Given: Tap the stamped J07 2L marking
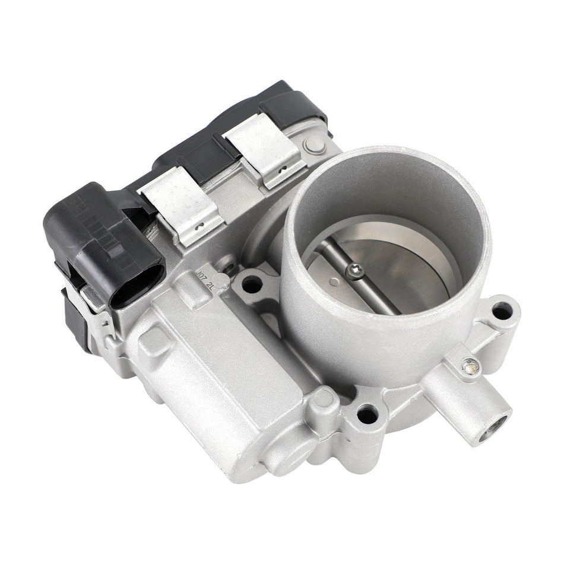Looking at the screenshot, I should [208, 278].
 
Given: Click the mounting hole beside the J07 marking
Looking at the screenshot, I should [252, 285].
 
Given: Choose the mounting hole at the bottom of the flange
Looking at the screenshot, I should [367, 414].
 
